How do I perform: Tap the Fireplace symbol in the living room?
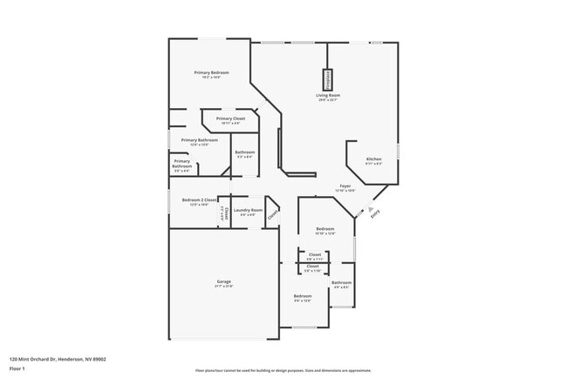pos(328,78)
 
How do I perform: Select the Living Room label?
pos(328,95)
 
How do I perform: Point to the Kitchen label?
pos(373,159)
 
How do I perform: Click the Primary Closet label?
pos(230,118)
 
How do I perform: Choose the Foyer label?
pos(345,186)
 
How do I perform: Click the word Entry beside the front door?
pos(376,217)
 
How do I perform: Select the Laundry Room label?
pos(248,210)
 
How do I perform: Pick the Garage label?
pos(224,281)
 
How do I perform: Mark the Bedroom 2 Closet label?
pos(199,200)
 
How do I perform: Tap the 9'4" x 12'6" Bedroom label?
pos(303,297)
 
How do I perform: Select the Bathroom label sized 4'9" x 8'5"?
pos(341,283)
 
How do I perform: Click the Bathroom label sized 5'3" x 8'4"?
pos(244,152)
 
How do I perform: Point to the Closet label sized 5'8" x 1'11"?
pos(315,255)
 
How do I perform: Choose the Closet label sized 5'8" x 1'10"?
pos(312,267)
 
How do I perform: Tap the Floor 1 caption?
pos(17,368)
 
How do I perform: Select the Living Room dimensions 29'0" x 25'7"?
pos(328,99)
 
